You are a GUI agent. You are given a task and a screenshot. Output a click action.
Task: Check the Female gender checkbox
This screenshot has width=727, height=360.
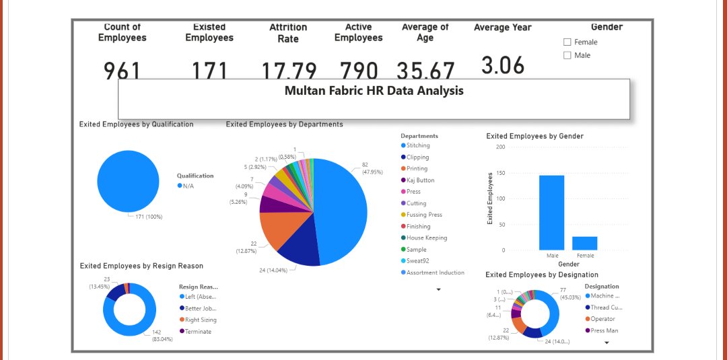click(x=567, y=42)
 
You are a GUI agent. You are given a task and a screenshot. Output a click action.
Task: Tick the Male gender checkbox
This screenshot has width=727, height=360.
click(x=567, y=56)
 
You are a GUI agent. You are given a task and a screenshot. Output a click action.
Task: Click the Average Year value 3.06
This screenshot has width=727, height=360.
click(x=502, y=66)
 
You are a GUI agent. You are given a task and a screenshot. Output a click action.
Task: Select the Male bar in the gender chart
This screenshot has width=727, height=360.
click(x=551, y=213)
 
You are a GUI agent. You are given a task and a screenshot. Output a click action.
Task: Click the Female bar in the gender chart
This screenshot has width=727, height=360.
click(x=584, y=243)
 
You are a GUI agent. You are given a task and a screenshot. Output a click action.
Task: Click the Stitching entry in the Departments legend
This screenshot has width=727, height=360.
click(x=417, y=145)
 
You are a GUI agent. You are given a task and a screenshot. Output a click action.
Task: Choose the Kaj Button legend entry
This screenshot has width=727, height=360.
click(x=420, y=180)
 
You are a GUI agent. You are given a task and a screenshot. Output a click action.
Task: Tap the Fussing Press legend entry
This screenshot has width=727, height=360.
click(x=424, y=215)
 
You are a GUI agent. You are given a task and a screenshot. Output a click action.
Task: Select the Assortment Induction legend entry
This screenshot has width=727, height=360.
click(x=435, y=273)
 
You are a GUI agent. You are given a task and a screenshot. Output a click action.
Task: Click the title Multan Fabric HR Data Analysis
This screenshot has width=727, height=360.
click(x=374, y=90)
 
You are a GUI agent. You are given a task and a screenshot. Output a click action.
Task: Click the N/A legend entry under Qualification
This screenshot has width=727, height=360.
click(x=188, y=186)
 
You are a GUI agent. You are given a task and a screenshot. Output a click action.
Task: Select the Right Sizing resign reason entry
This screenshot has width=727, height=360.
click(x=201, y=320)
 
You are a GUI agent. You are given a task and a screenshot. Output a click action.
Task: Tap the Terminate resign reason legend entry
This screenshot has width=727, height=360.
click(x=198, y=332)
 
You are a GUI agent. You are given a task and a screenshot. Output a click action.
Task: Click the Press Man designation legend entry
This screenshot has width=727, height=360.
click(x=604, y=330)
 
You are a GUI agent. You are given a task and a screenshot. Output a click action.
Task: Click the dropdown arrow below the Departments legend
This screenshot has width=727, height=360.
click(x=439, y=289)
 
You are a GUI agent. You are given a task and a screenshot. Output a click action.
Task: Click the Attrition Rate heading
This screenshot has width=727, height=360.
click(x=288, y=33)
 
